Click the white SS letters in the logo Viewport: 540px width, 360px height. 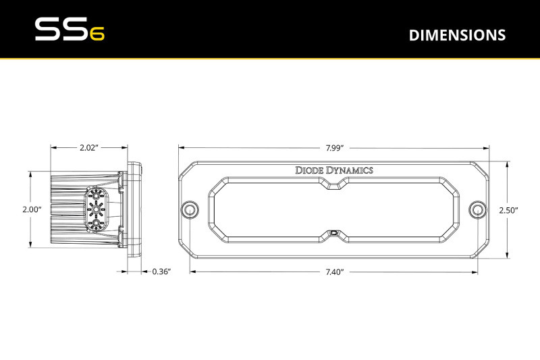click(59, 30)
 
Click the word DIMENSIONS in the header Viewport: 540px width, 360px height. click(457, 35)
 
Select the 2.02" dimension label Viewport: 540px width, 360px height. click(90, 147)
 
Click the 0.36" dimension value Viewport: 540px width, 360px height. click(161, 272)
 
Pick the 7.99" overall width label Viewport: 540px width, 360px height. click(334, 147)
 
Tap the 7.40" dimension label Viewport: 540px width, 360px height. click(334, 272)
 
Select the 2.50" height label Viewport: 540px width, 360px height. click(508, 210)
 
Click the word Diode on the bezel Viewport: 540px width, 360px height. click(310, 170)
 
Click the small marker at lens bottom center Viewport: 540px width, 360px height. click(335, 233)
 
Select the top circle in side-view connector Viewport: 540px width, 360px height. click(96, 196)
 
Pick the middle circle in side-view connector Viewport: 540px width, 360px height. click(96, 209)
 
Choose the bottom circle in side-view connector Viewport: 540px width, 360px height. click(96, 223)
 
